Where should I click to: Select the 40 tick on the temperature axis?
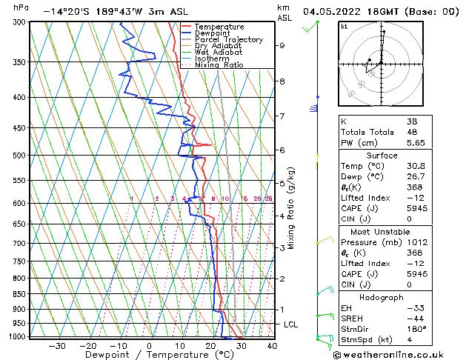pos(271,346)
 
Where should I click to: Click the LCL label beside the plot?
pos(292,324)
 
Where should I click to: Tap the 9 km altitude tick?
pos(282,45)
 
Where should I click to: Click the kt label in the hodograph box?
pos(344,26)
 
